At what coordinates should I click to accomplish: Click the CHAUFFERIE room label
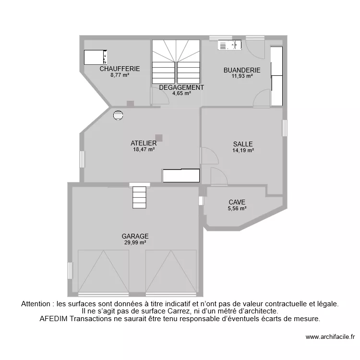point(120,69)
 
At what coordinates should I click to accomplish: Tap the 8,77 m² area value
point(120,75)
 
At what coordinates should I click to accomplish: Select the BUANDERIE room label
point(242,70)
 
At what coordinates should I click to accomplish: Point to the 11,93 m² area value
point(242,76)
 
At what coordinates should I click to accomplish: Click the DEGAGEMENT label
point(181,87)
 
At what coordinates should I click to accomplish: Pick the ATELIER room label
point(144,143)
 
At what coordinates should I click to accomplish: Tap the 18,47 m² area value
point(144,149)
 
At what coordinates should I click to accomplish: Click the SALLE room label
point(243,144)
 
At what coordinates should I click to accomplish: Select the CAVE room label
point(237,202)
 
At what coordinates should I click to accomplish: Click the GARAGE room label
point(135,236)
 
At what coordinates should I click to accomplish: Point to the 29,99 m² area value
point(135,242)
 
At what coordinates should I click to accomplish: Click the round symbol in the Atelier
point(118,115)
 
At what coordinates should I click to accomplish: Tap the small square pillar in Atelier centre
point(159,138)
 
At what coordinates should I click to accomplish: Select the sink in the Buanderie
point(229,45)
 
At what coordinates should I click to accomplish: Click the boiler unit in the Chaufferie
point(96,57)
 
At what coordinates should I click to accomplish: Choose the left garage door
point(103,271)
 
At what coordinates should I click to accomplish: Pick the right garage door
point(171,271)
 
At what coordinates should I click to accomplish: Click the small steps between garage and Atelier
point(139,197)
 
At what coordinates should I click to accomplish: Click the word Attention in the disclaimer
point(37,304)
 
